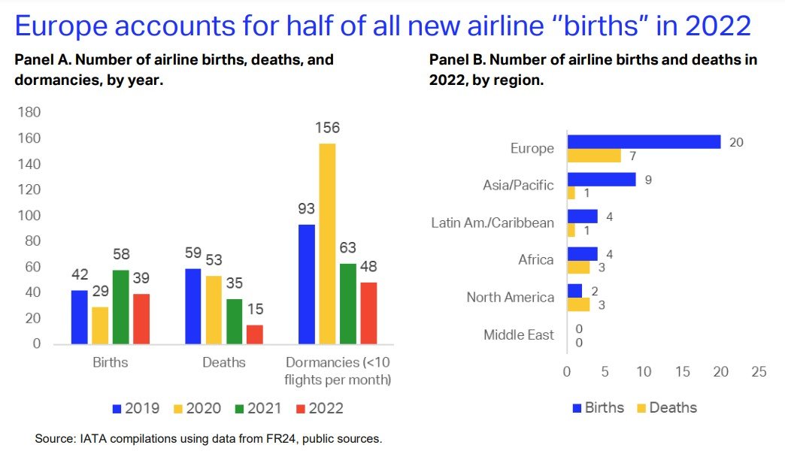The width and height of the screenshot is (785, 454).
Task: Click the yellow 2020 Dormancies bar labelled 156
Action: [x=326, y=244]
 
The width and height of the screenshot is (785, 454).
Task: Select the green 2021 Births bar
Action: [x=120, y=307]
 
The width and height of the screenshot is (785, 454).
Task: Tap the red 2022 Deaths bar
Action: [x=255, y=334]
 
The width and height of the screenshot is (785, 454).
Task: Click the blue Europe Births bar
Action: [x=644, y=141]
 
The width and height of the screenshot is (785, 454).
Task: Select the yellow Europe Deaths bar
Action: [x=594, y=156]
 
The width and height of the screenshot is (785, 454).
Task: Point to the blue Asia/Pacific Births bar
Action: [x=602, y=179]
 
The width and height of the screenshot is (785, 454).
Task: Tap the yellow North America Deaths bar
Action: [x=578, y=304]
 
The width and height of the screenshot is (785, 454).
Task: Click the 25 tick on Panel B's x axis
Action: [x=759, y=371]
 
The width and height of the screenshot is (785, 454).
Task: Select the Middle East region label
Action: [x=519, y=334]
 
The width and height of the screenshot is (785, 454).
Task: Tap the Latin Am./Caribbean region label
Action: [x=493, y=222]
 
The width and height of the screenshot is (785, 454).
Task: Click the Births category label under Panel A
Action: [x=110, y=362]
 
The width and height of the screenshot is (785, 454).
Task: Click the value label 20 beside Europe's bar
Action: [x=736, y=141]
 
